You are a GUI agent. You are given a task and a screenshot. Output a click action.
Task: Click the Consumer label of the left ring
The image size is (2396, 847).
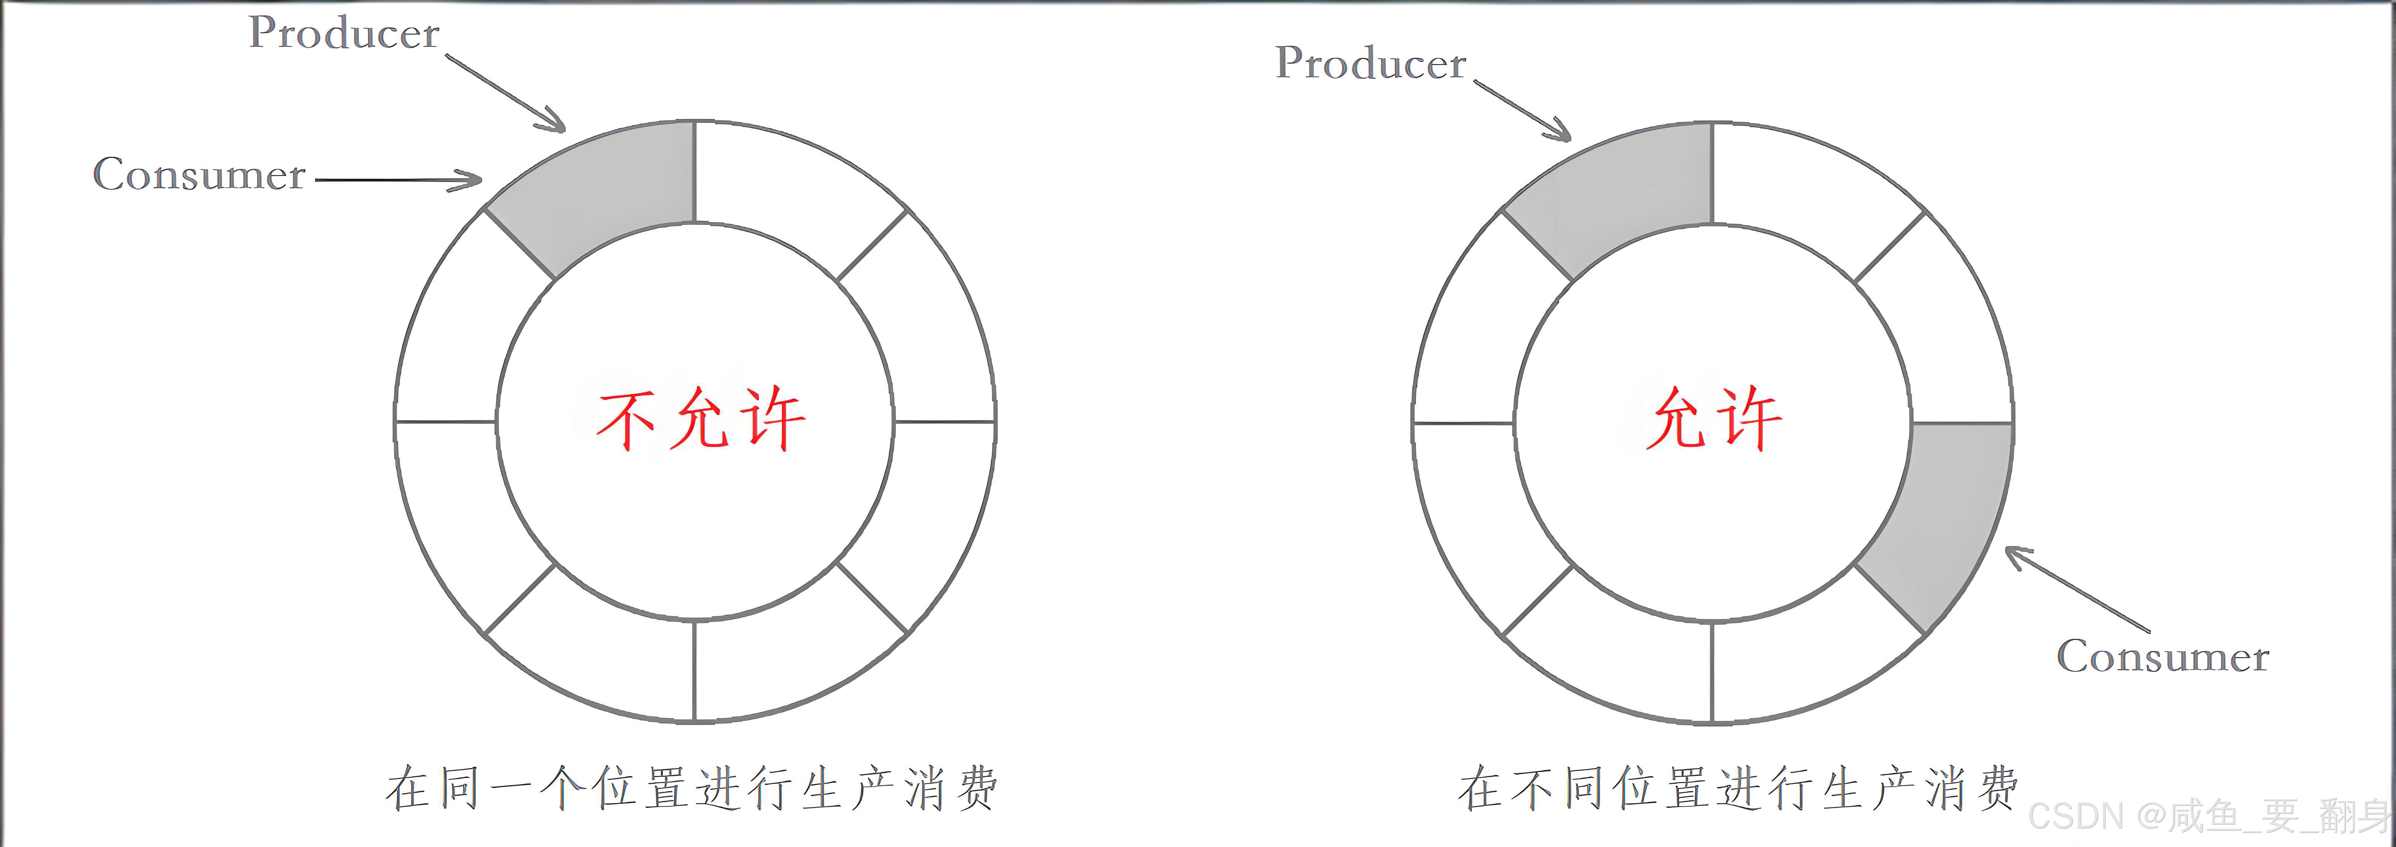pyautogui.click(x=199, y=175)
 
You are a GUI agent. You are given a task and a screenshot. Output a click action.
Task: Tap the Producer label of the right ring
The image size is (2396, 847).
pyautogui.click(x=1370, y=63)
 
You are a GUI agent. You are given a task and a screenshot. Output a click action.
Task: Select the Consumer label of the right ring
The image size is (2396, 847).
pyautogui.click(x=2162, y=657)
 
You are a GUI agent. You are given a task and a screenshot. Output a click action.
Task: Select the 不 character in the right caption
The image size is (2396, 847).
pyautogui.click(x=1530, y=788)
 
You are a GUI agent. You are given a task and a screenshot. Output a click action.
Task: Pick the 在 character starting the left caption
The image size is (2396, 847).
pyautogui.click(x=407, y=788)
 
